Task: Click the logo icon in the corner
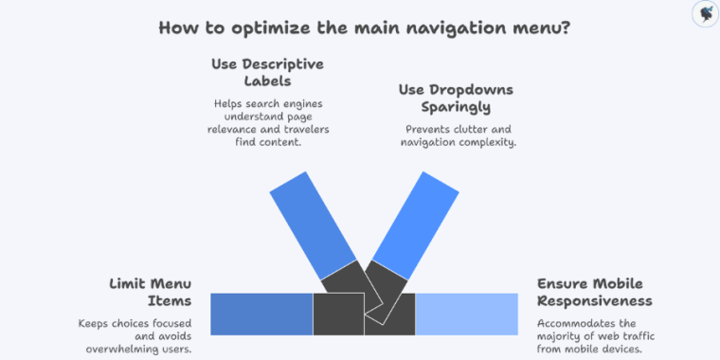click(x=703, y=13)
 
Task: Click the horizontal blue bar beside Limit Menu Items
click(x=261, y=314)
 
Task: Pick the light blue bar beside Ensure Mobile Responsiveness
click(x=467, y=314)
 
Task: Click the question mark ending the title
click(x=566, y=27)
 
